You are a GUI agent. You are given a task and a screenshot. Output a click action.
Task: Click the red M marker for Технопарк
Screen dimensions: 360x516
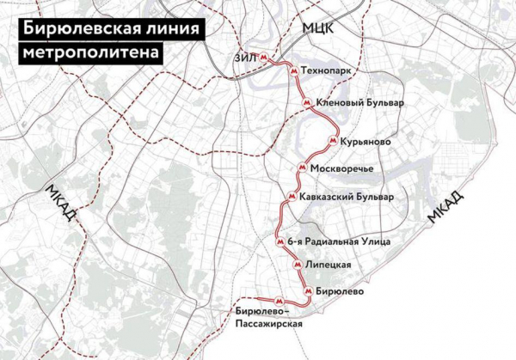pos(294,71)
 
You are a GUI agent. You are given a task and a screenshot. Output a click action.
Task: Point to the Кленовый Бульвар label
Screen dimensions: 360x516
pos(360,102)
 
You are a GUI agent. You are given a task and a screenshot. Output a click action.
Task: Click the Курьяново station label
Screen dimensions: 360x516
pos(365,140)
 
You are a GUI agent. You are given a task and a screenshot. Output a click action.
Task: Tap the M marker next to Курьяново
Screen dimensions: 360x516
pos(331,140)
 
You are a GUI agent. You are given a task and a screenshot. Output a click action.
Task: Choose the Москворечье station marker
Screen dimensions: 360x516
pos(300,168)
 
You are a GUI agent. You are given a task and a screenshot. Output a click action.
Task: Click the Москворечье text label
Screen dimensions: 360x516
pos(341,168)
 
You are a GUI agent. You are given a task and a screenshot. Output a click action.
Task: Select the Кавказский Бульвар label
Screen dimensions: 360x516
pos(347,197)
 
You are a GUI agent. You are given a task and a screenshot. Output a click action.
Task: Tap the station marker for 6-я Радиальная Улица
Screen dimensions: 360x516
pos(279,242)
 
